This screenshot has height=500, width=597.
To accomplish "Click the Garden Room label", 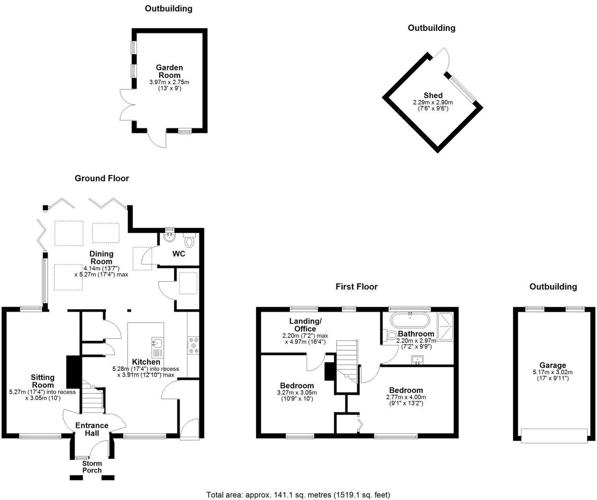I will [169, 71].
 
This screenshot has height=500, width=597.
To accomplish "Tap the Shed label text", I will [433, 95].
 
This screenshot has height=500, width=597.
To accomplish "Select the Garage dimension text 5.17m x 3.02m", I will [553, 372].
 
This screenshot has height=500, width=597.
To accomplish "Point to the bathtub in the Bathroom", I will [410, 320].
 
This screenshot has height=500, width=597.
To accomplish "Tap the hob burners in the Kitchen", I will [193, 346].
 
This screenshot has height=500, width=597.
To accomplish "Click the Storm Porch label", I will [92, 466].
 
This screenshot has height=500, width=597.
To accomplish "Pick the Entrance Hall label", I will [92, 429].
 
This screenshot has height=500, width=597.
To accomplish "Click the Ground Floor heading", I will [102, 178].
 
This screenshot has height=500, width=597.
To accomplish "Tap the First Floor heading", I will [356, 287].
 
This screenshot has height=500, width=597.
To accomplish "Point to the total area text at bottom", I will [298, 495].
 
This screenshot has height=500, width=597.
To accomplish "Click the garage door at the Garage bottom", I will [554, 436].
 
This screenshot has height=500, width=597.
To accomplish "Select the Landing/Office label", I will [305, 325].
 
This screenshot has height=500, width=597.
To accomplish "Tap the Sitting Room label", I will [43, 381].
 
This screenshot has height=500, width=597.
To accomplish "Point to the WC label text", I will [179, 254].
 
